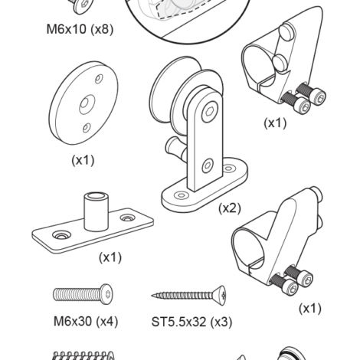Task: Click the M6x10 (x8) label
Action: tap(80, 29)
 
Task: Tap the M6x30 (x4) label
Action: tap(86, 321)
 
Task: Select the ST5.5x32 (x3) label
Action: tap(191, 322)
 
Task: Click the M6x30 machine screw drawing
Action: tap(83, 294)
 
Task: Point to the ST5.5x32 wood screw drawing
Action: tap(188, 296)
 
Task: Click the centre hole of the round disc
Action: tap(85, 104)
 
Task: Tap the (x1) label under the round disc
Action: tap(83, 160)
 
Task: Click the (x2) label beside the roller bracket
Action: tap(230, 208)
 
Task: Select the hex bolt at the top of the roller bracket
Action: tap(210, 112)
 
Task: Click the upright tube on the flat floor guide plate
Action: tap(97, 212)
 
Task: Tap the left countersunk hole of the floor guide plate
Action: tap(61, 235)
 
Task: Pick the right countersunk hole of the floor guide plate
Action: tap(127, 218)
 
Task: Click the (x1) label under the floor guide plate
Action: tap(110, 257)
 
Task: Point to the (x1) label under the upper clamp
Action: tap(275, 123)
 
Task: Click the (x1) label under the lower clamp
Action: tap(310, 309)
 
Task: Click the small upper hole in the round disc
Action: tap(99, 79)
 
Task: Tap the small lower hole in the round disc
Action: tap(87, 128)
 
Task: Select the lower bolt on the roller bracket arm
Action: tap(208, 165)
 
